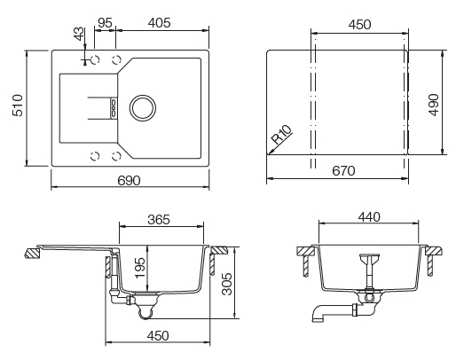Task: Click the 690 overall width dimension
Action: (x=130, y=180)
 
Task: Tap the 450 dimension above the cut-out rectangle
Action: (x=358, y=26)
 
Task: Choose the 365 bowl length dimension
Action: (x=160, y=219)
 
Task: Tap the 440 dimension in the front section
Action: (x=369, y=216)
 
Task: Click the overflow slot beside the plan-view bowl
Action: (x=114, y=107)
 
